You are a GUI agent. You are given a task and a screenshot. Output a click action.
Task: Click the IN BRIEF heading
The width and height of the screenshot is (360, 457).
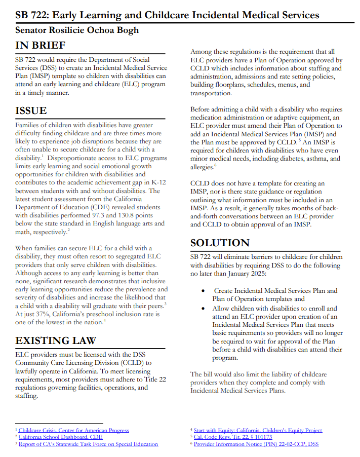click(41, 46)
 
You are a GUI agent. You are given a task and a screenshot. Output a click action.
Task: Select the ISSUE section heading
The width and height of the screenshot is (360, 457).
click(31, 110)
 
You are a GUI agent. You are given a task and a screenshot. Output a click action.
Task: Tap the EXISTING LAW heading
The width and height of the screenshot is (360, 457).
click(56, 340)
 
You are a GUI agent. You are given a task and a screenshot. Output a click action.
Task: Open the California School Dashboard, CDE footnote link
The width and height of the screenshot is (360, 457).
click(60, 437)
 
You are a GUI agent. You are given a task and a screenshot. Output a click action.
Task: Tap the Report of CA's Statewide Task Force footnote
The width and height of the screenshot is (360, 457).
click(88, 444)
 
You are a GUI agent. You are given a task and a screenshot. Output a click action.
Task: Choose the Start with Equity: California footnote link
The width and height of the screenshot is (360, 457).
click(258, 430)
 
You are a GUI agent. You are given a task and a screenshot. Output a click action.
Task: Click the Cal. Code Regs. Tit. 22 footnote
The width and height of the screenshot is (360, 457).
click(233, 437)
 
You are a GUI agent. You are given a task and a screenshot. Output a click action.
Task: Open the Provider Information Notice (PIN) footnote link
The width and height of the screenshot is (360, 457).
click(256, 444)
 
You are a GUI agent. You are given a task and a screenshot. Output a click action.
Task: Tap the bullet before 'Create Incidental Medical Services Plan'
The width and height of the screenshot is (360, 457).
click(203, 291)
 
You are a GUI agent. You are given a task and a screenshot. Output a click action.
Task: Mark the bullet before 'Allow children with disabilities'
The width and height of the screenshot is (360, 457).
click(203, 309)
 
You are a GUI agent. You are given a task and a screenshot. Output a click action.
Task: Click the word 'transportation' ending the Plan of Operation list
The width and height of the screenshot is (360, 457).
click(211, 93)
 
